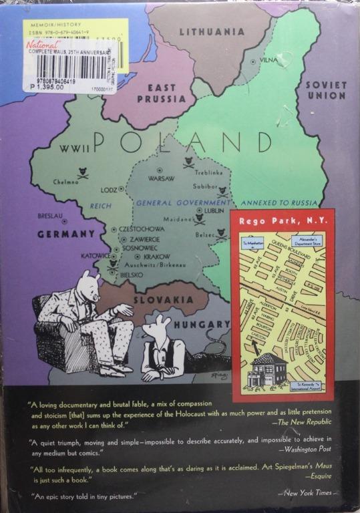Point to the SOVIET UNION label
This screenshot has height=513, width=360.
326,90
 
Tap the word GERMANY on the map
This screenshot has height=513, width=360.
65,234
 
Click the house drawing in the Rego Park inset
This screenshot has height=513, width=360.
265,369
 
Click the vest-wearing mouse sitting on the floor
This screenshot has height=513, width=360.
160,347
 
